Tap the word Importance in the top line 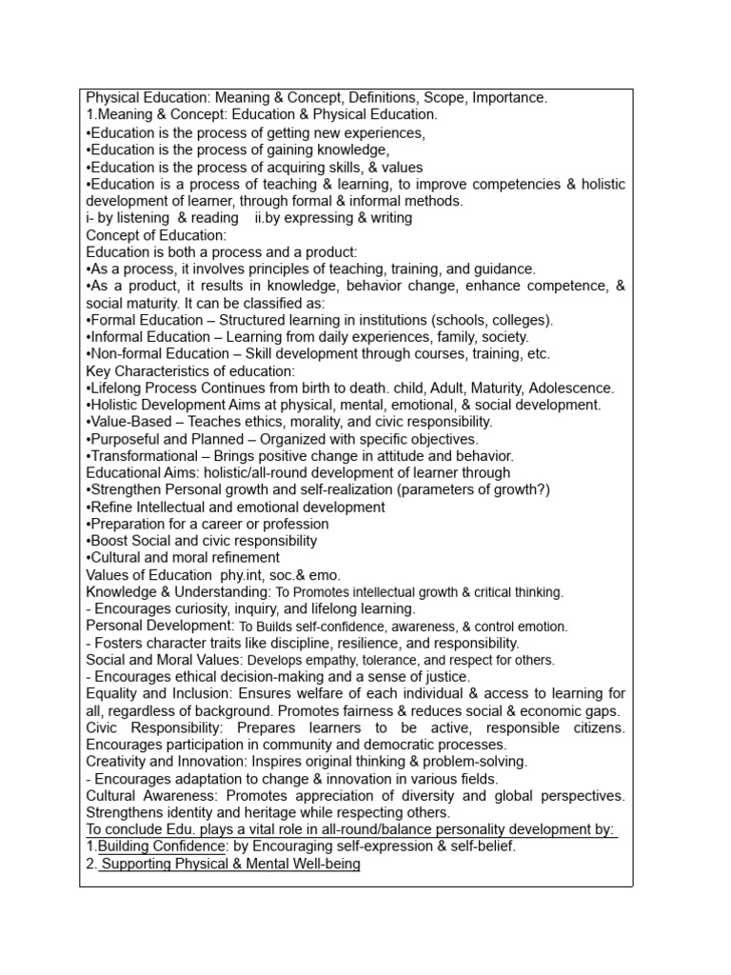point(508,98)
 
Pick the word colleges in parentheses point(522,320)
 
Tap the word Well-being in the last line point(323,864)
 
